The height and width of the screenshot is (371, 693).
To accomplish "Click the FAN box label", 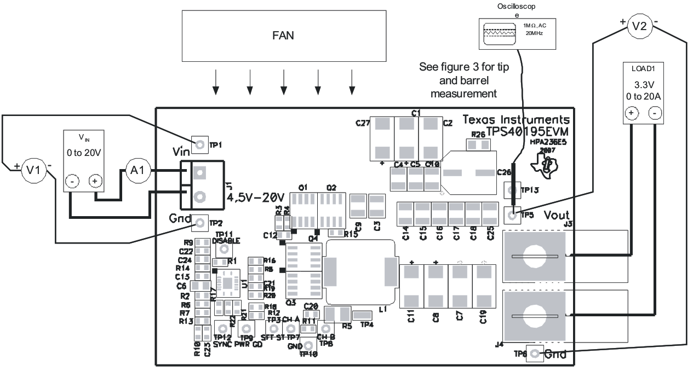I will coord(283,37).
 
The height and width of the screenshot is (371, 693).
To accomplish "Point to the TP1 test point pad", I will coord(199,144).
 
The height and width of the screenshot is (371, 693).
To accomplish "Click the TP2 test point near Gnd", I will coord(199,223).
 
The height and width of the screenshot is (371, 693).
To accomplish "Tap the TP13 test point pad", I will coord(512,190).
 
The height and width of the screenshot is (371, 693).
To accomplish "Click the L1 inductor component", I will coord(359,272).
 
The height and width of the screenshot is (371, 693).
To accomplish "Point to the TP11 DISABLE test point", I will coord(223,249).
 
